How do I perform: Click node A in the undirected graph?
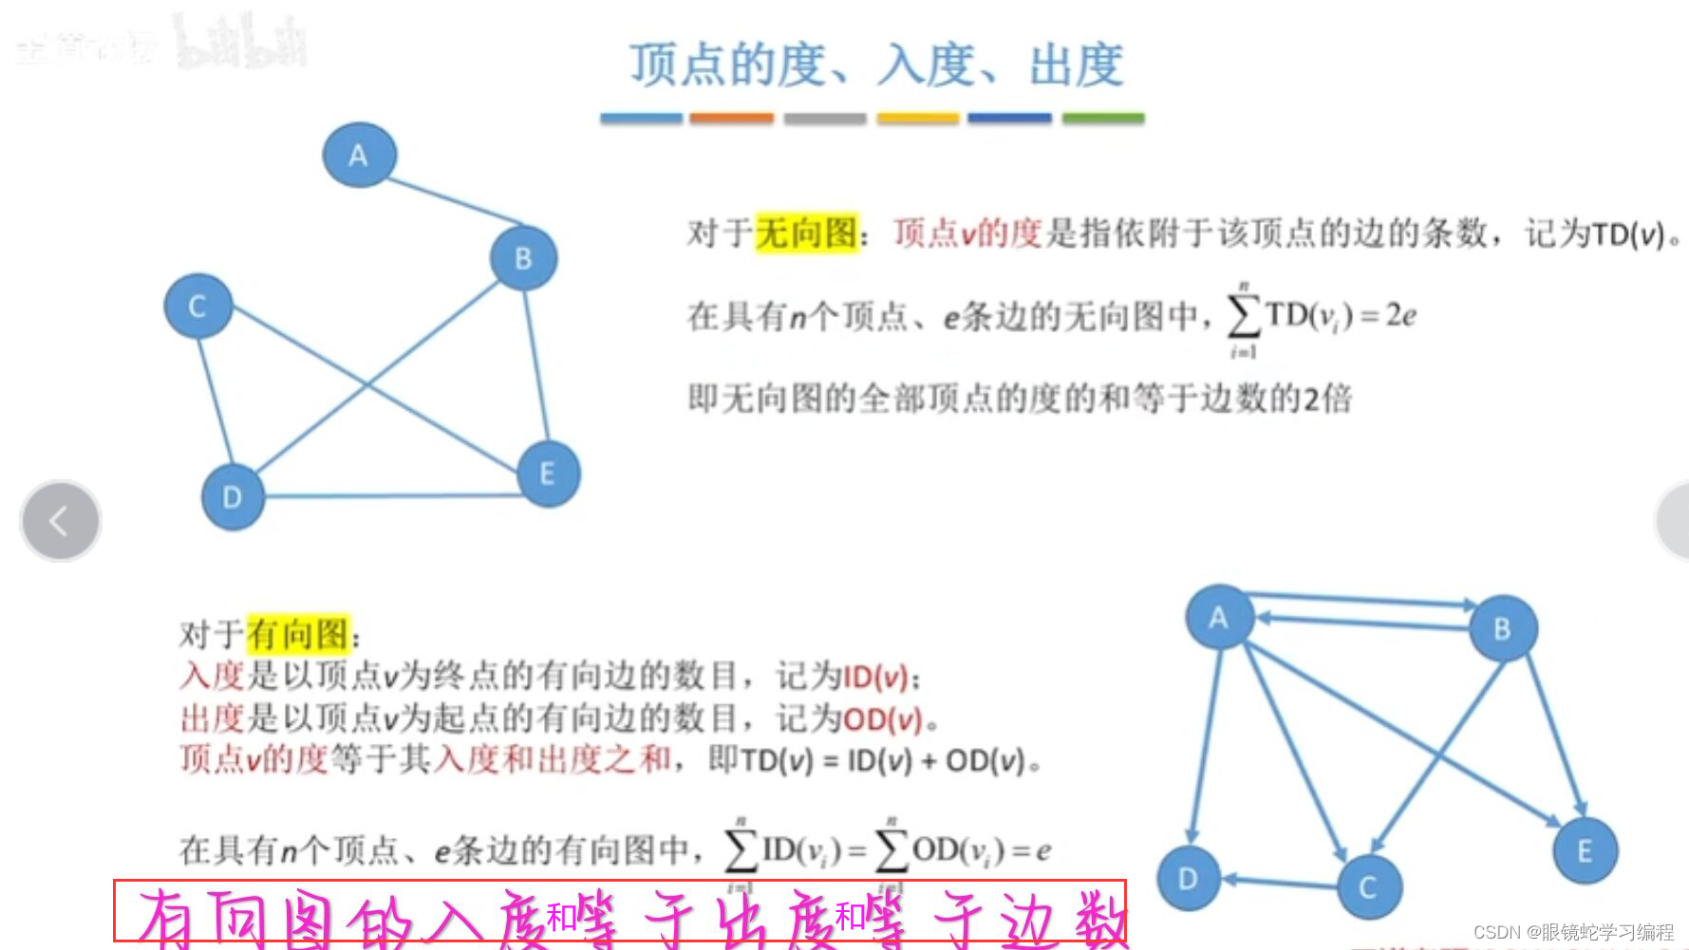pos(359,155)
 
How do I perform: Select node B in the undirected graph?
pos(523,258)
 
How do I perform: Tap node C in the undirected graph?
pos(197,306)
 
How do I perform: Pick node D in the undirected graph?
pos(233,496)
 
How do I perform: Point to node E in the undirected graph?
pos(548,474)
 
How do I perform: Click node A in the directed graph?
pos(1219,618)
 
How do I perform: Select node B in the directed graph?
pos(1502,628)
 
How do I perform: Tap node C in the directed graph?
pos(1368,887)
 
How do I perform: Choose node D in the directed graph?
pos(1188,879)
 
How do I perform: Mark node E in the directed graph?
pos(1585,850)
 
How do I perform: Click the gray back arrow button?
pos(60,520)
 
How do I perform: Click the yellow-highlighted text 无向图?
pos(807,233)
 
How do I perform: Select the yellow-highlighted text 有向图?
pos(298,634)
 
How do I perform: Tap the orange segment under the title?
pos(731,119)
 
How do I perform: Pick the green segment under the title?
pos(1102,119)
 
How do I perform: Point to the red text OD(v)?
pos(883,719)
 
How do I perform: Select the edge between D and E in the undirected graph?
pos(389,494)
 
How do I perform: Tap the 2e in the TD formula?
pos(1400,315)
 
